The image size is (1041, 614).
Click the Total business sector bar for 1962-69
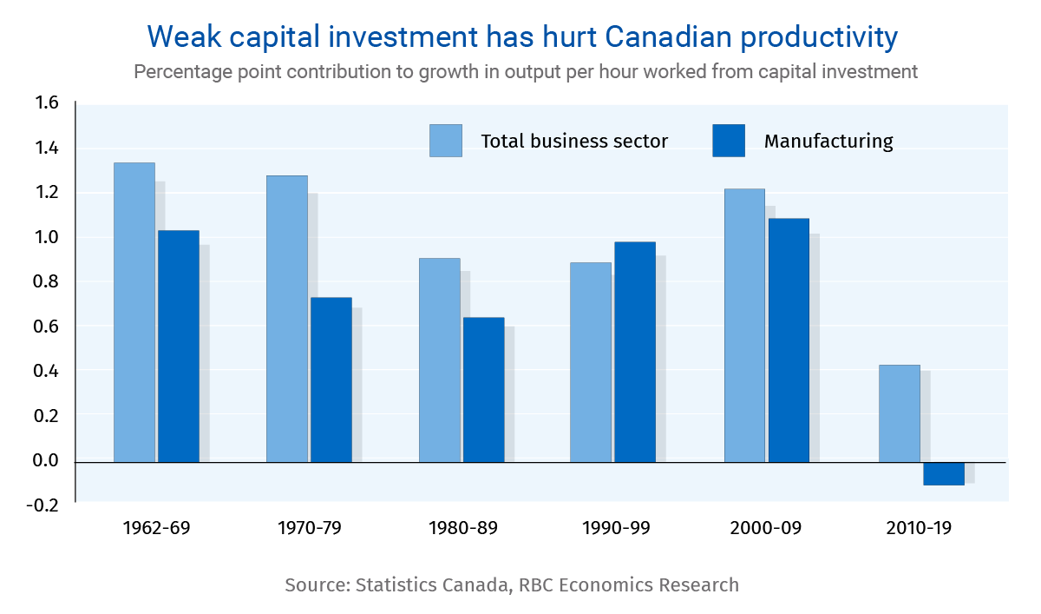tap(134, 312)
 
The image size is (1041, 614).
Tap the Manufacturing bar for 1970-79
tap(331, 380)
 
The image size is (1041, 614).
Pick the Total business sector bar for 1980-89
tap(440, 360)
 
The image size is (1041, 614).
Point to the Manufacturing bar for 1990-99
tap(635, 352)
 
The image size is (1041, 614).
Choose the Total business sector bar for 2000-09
tap(744, 325)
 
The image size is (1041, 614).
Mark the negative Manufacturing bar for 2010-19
tap(944, 473)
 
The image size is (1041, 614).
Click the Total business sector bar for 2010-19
tap(900, 413)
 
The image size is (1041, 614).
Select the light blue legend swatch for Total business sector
tap(446, 141)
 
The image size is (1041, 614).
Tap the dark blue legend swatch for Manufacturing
tap(729, 141)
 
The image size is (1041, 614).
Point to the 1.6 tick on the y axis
tap(47, 103)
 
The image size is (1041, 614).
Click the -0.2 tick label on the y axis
tap(45, 505)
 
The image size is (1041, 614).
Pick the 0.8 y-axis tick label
tap(47, 282)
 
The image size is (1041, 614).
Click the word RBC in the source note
tap(538, 584)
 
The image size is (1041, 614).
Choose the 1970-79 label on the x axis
tap(310, 527)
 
